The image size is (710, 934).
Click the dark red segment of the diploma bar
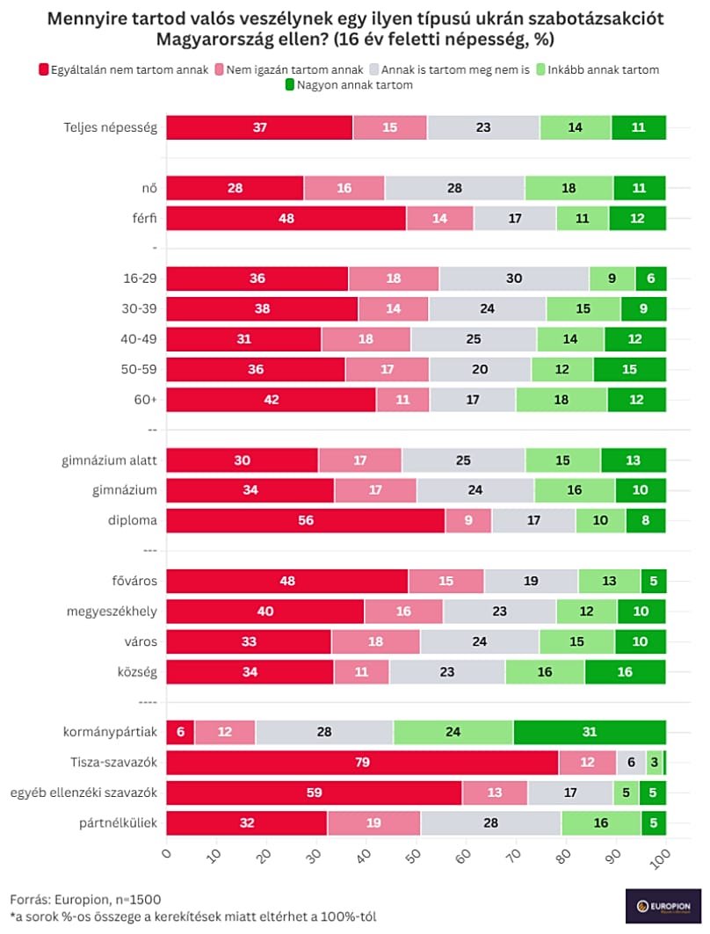[305, 520]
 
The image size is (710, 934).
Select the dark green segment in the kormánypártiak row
[590, 733]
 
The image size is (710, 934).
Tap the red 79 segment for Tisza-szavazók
[362, 763]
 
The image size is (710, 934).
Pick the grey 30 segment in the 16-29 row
[514, 279]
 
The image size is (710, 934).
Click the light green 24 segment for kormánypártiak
[453, 733]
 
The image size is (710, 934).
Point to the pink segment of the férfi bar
[439, 219]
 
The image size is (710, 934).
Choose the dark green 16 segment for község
[625, 672]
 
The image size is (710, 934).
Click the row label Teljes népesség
[110, 127]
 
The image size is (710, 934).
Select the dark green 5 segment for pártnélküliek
[653, 823]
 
